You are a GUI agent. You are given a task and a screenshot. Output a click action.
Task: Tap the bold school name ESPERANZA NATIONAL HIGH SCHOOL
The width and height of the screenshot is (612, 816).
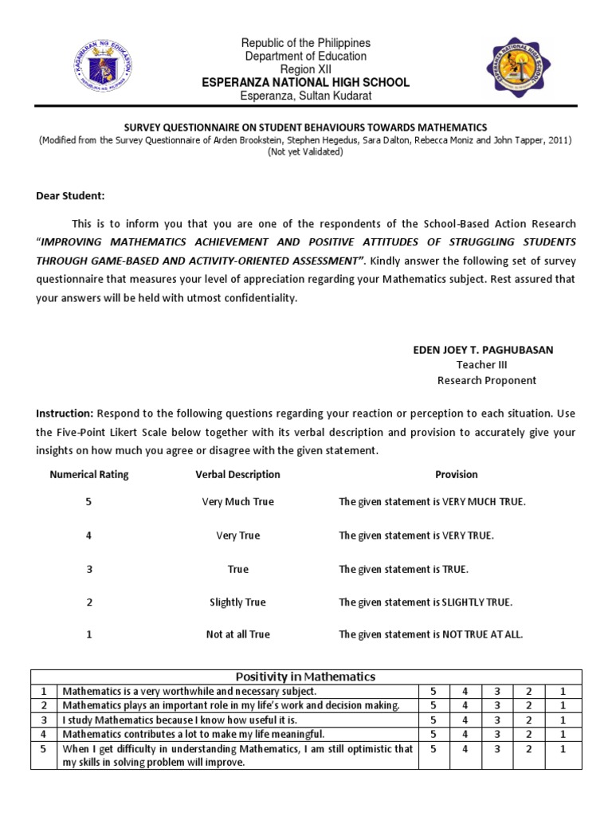307,83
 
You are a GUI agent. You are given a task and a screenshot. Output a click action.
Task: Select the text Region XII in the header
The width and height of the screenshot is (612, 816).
307,69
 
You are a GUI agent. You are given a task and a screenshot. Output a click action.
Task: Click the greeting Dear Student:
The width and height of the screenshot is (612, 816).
70,196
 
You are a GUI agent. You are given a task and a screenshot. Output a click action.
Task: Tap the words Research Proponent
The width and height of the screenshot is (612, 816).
486,380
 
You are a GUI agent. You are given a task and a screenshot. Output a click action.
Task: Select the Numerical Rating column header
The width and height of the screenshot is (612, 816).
89,474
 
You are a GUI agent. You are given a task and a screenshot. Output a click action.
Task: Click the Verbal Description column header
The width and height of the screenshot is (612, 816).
237,474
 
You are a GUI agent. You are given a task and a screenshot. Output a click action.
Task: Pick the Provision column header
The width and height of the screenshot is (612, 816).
456,474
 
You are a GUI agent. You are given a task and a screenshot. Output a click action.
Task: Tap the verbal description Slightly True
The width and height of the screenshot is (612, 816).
237,602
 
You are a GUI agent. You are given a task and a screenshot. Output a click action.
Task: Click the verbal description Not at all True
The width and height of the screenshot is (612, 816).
237,635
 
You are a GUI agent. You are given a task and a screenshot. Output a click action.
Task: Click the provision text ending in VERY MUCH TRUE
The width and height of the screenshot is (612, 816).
433,502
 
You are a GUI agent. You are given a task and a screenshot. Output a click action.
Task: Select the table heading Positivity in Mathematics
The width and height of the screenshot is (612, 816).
306,677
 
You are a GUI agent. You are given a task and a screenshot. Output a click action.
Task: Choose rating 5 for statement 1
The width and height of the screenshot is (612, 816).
433,692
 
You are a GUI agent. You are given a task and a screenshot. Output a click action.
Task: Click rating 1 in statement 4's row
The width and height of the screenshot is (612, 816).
562,734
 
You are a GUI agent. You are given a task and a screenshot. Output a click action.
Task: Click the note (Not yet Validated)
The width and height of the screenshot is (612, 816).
306,151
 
